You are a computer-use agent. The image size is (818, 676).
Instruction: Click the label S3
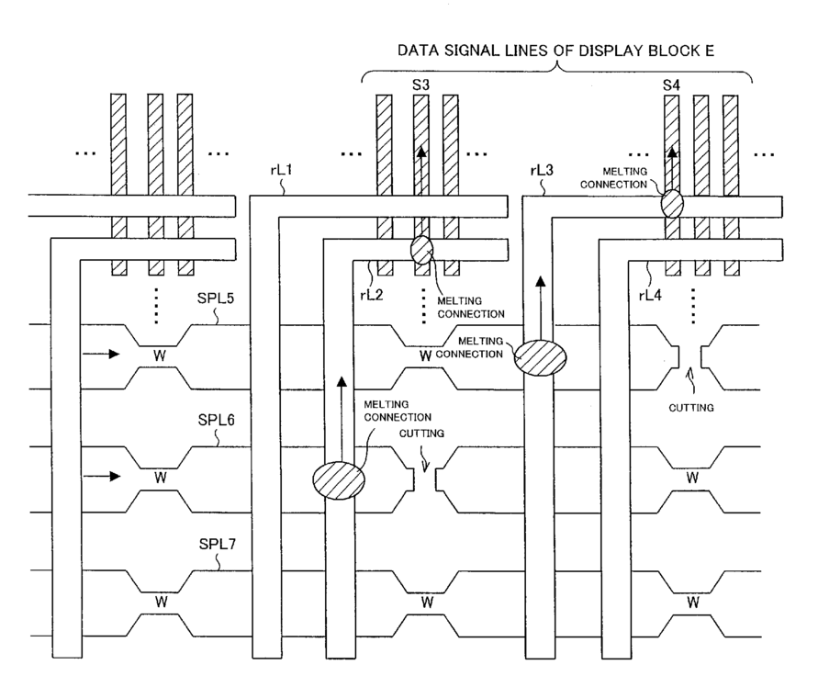[420, 84]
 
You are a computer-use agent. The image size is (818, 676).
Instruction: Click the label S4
[671, 84]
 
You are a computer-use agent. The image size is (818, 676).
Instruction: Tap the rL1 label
[281, 170]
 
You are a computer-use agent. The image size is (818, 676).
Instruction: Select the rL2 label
[372, 296]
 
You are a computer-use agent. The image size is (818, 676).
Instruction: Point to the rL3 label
[542, 170]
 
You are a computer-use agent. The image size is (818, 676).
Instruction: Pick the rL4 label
[650, 296]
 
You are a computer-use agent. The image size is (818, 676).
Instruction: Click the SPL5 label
[216, 299]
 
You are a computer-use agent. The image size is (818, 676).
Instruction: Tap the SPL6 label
[216, 420]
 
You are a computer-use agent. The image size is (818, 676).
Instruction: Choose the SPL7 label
[218, 544]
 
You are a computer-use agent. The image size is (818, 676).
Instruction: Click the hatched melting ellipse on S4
[672, 204]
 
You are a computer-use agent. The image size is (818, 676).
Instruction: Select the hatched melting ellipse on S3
[421, 250]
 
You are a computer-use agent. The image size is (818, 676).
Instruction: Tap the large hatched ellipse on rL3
[540, 357]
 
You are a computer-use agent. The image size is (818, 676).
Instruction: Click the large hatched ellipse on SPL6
[339, 480]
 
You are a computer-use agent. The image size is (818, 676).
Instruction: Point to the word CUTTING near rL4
[691, 408]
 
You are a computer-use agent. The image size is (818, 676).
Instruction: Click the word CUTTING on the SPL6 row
[421, 434]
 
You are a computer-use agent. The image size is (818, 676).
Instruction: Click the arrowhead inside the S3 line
[421, 152]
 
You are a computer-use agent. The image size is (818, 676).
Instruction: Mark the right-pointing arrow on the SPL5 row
[101, 355]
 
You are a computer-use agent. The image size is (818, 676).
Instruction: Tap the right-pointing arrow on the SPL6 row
[102, 476]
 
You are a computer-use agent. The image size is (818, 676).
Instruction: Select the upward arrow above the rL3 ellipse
[541, 309]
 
